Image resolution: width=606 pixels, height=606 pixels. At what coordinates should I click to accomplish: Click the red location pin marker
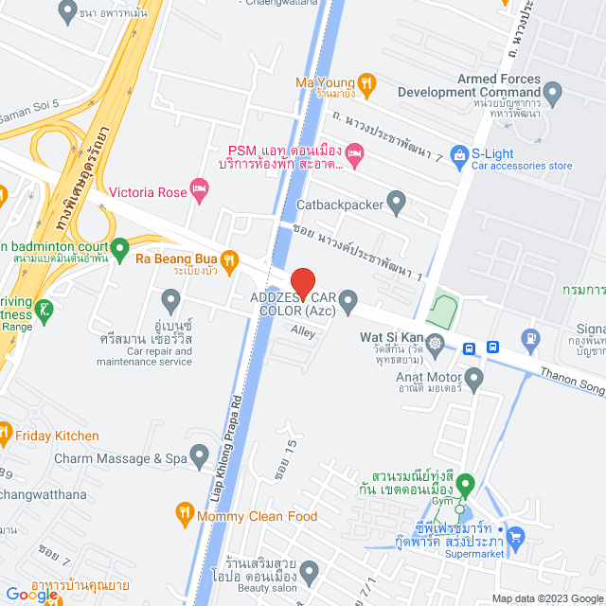302,283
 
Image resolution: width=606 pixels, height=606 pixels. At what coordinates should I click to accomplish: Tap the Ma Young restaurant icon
368,83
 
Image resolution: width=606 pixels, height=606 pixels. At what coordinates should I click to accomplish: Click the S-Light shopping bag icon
459,152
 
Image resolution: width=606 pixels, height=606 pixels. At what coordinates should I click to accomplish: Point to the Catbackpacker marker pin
397,203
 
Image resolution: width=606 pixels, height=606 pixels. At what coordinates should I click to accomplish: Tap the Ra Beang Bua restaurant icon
228,258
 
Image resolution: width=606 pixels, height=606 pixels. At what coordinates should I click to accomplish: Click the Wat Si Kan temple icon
435,342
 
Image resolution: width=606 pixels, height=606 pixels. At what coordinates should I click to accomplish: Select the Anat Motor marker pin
475,379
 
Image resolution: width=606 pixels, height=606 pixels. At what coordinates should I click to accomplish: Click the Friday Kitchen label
57,436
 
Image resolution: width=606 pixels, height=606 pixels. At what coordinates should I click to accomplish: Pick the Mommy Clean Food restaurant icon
184,516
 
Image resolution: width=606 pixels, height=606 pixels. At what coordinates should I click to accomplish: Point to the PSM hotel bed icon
354,152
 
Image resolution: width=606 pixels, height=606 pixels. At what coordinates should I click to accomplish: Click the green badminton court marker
119,250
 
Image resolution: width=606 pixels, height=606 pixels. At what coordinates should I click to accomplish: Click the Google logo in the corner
31,595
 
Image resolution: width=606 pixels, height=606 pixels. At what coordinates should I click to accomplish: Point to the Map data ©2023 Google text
545,598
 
